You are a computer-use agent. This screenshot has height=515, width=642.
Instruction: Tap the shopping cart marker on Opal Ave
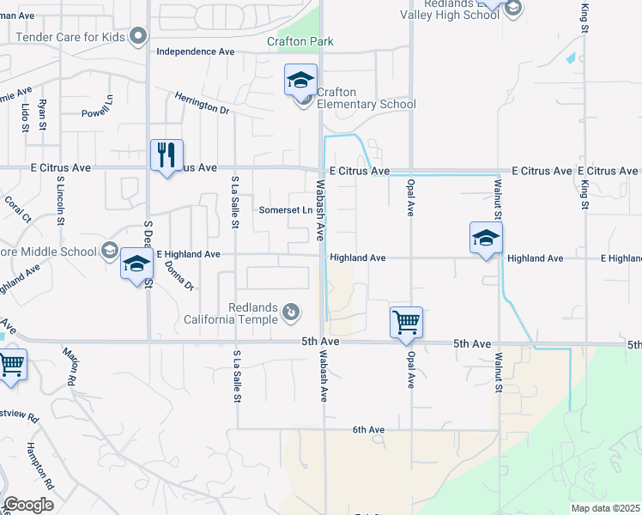click(406, 323)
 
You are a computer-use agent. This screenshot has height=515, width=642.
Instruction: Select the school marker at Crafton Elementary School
click(300, 81)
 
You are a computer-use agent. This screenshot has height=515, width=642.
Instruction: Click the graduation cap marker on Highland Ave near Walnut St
click(486, 238)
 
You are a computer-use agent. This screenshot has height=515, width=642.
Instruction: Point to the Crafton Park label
click(300, 41)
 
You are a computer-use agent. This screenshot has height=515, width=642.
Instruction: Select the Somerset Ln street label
click(284, 210)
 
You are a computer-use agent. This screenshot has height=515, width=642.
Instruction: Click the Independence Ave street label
click(196, 51)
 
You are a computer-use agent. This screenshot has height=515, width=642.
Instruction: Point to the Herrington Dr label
click(202, 104)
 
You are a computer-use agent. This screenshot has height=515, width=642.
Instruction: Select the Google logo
click(28, 505)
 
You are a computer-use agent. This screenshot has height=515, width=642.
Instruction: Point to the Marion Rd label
click(71, 366)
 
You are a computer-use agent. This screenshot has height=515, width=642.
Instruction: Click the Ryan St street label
click(42, 115)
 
